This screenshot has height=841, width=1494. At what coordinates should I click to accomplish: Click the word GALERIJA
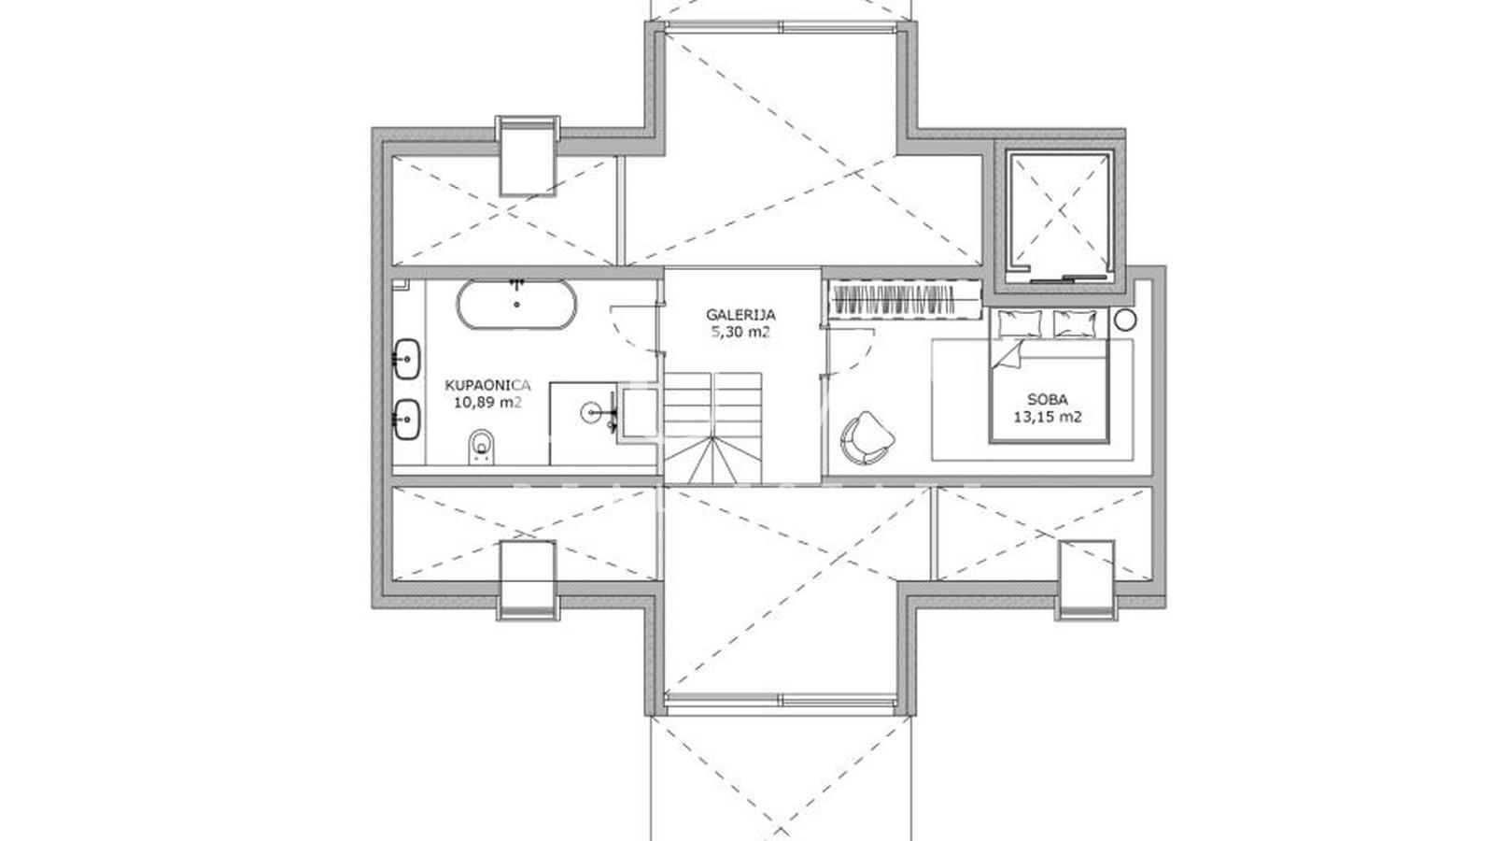tap(740, 315)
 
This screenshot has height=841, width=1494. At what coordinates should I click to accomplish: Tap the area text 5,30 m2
tap(740, 332)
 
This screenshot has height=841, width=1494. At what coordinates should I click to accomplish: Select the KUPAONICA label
tap(487, 384)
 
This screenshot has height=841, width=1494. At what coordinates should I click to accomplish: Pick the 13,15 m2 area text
tap(1048, 417)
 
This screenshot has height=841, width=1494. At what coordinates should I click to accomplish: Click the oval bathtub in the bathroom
tap(516, 305)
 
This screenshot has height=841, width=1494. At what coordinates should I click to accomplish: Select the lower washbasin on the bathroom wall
tap(406, 420)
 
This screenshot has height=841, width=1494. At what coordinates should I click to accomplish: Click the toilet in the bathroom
tap(482, 447)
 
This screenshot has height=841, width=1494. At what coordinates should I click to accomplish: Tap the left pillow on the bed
tap(1019, 323)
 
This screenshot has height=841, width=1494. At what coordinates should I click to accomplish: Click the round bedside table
tap(1126, 320)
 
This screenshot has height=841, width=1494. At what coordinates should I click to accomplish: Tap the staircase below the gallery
tap(712, 426)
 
